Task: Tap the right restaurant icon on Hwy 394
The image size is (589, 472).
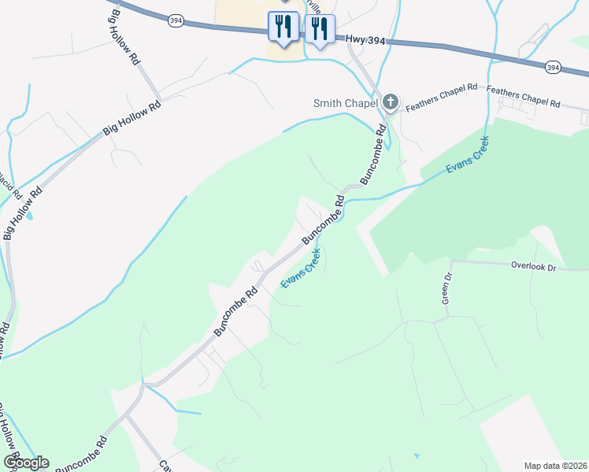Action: pyautogui.click(x=319, y=29)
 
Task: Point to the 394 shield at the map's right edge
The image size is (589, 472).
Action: pyautogui.click(x=554, y=68)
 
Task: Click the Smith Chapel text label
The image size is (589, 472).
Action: pyautogui.click(x=346, y=103)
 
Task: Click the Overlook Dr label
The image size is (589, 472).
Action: pyautogui.click(x=533, y=267)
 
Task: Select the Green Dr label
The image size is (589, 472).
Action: pyautogui.click(x=446, y=289)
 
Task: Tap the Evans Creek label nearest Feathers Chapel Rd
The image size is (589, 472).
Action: pyautogui.click(x=467, y=157)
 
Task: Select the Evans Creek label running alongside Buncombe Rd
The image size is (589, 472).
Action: pyautogui.click(x=302, y=268)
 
